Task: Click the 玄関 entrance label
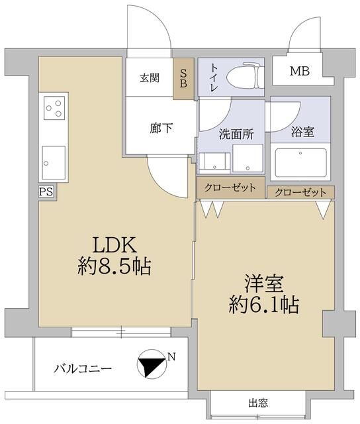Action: point(149,78)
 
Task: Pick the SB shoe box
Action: point(182,79)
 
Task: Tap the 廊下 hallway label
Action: point(161,128)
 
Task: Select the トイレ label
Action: point(214,74)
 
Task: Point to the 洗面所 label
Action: point(236,134)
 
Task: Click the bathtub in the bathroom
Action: point(301,162)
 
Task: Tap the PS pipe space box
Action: point(46,191)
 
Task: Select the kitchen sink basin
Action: point(54,159)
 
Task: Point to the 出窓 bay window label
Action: point(258,402)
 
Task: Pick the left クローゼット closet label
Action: point(230,187)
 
